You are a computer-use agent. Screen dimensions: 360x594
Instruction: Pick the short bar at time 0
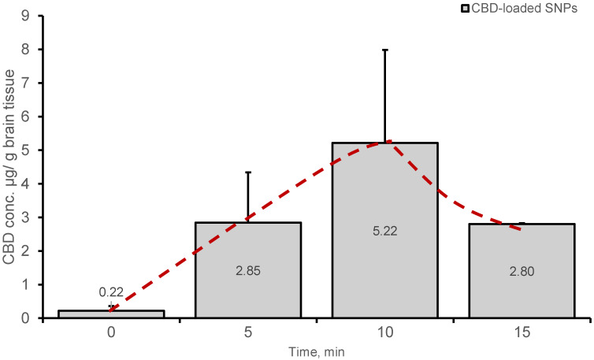click(x=111, y=314)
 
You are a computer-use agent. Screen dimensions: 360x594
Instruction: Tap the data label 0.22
click(x=111, y=291)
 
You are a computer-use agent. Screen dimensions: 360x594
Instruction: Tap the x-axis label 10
click(x=384, y=333)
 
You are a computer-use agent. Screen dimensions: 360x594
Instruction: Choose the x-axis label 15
click(x=521, y=333)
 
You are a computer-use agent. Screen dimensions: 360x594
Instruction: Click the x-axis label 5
click(x=248, y=333)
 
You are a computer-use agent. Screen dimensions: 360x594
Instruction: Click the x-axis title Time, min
click(x=316, y=351)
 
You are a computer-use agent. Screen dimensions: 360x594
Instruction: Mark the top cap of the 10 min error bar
click(x=384, y=50)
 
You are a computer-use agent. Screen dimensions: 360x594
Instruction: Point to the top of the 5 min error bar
click(x=248, y=172)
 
